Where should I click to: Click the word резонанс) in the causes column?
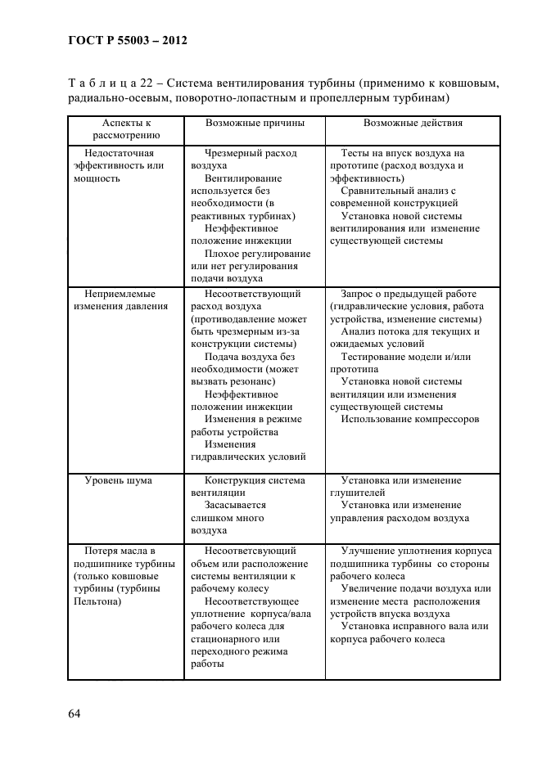click(x=248, y=381)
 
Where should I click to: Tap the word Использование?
click(x=378, y=420)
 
